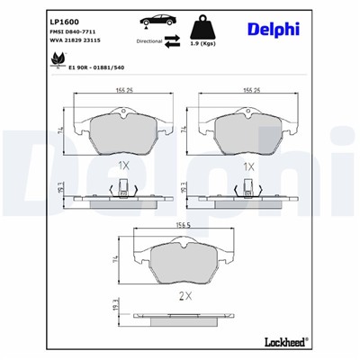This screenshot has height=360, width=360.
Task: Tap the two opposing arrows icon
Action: pyautogui.click(x=173, y=40)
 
